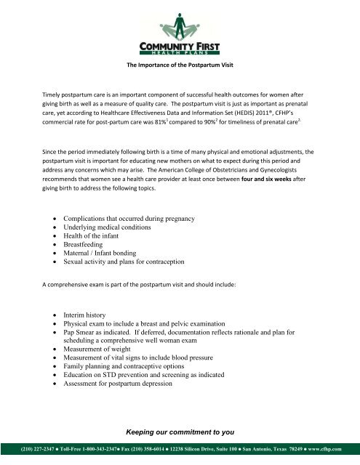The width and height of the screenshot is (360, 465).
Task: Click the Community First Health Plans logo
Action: point(180,29)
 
